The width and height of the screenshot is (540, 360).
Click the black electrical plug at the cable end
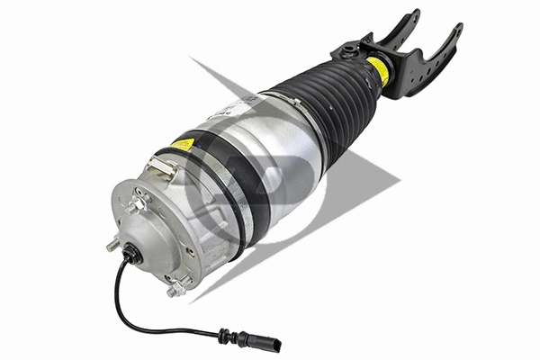point(267,343)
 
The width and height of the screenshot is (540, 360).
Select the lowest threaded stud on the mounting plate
point(173,289)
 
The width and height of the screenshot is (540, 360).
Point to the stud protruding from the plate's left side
point(111,243)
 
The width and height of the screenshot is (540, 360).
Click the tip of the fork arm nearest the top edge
point(415,13)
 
